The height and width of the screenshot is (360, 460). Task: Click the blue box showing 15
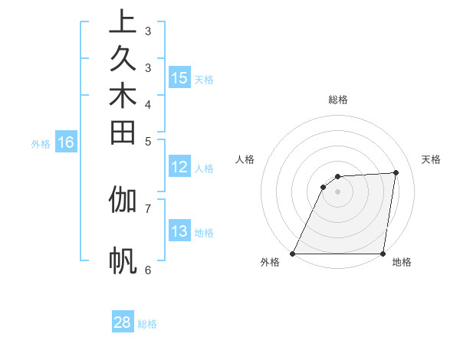point(179,78)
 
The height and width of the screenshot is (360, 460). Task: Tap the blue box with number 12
point(179,168)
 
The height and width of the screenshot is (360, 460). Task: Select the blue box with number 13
point(179,231)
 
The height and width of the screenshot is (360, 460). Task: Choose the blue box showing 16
point(67,142)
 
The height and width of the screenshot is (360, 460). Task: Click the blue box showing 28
point(123,322)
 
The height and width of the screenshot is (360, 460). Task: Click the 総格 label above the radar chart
point(338,100)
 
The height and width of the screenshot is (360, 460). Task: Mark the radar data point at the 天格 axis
point(396,172)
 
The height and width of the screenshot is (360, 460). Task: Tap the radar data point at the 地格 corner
point(383,254)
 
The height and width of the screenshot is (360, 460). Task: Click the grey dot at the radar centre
point(337,191)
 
